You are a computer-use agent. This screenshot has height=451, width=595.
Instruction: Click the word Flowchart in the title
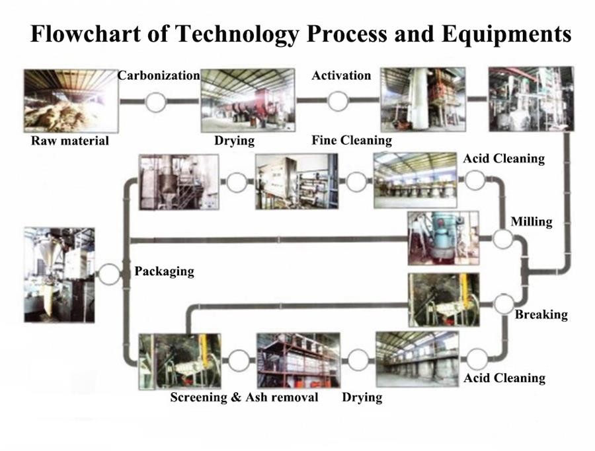pos(86,34)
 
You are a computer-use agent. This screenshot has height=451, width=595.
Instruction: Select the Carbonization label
pos(159,75)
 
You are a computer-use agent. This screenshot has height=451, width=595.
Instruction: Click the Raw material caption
pos(70,141)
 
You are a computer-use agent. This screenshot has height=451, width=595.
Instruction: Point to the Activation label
pos(341,75)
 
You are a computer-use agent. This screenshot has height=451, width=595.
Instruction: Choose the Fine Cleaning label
pos(352,141)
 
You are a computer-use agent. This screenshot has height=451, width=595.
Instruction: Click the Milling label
pos(532,222)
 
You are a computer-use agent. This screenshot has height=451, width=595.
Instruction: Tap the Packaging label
pos(165,271)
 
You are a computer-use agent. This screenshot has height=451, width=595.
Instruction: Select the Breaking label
pos(541,314)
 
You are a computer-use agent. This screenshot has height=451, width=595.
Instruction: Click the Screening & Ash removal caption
pos(244,397)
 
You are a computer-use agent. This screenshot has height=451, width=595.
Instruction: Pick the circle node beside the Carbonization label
pos(155,102)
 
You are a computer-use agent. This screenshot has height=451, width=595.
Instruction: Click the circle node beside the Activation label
pos(338,101)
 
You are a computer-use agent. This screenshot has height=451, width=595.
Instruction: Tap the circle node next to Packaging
pos(109,274)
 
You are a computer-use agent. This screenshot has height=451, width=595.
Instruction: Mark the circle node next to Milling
pos(503,239)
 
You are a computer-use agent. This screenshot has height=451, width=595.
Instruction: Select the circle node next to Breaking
pos(504,304)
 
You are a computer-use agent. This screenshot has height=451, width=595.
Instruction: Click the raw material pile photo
pos(71,101)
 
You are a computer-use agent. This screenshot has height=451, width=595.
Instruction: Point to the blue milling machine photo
pos(443,238)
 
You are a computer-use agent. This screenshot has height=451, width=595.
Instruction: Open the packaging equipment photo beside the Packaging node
pos(59,275)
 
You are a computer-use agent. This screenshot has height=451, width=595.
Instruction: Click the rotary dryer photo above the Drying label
pos(248,100)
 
